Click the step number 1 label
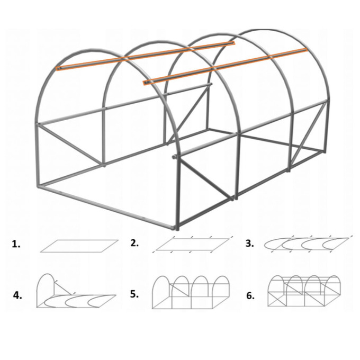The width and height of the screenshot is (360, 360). pyautogui.click(x=16, y=245)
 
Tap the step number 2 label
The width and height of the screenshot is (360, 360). pyautogui.click(x=134, y=243)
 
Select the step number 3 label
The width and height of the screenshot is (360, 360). pyautogui.click(x=249, y=244)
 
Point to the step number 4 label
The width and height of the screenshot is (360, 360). pyautogui.click(x=17, y=295)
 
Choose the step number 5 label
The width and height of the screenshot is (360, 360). pyautogui.click(x=134, y=294)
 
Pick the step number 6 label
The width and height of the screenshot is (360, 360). pyautogui.click(x=250, y=296)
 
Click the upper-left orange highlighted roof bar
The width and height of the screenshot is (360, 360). pyautogui.click(x=146, y=56)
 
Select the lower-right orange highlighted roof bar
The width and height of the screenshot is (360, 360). pyautogui.click(x=225, y=66)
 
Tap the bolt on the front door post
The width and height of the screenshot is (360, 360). pyautogui.click(x=174, y=157)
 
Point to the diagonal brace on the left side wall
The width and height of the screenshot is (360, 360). pyautogui.click(x=70, y=145)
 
